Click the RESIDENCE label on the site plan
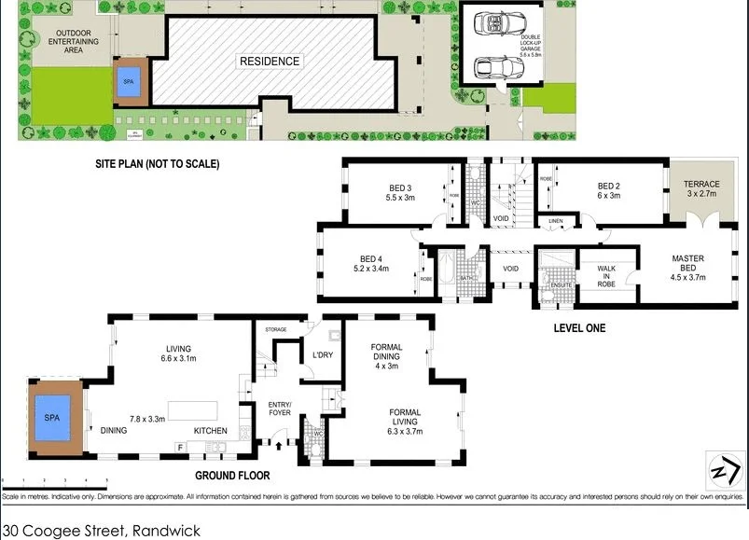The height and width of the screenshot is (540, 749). (270, 62)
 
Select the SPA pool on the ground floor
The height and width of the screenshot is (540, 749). (51, 418)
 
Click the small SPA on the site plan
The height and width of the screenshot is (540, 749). (129, 81)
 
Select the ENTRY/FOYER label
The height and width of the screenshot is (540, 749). (280, 408)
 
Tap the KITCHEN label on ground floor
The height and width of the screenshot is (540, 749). (210, 430)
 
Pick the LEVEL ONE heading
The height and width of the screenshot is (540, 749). (579, 327)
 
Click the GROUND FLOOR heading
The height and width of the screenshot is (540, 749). (232, 476)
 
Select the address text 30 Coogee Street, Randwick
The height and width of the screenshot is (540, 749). (101, 530)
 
